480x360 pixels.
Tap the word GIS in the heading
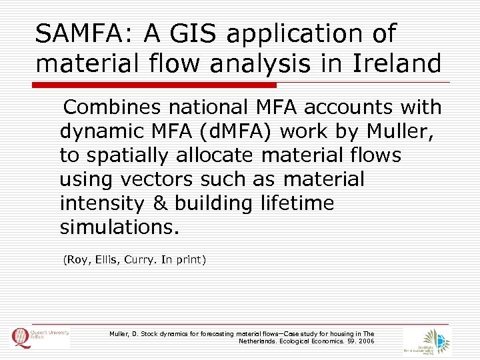pos(198,33)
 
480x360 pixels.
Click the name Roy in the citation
pos(76,260)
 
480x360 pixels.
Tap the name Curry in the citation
pos(139,260)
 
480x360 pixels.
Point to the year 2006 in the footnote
pos(366,341)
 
